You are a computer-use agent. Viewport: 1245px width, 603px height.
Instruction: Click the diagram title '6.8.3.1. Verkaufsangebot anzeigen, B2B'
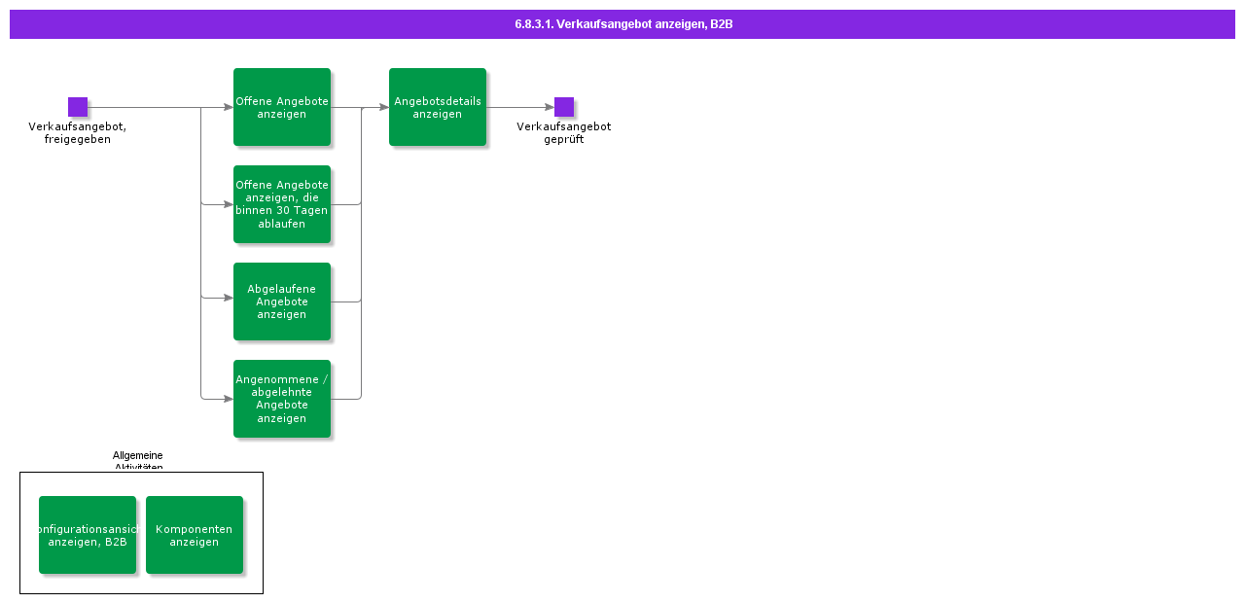623,24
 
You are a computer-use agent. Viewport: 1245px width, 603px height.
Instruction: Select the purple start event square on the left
78,107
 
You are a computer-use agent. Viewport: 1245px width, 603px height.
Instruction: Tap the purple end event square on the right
564,107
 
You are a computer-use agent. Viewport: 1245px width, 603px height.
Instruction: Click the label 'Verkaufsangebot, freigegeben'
77,133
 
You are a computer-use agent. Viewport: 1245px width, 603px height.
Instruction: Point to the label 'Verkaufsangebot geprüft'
563,133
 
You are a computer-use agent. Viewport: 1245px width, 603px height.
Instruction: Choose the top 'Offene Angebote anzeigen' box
282,107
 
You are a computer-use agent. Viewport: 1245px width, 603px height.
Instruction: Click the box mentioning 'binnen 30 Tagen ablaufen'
282,204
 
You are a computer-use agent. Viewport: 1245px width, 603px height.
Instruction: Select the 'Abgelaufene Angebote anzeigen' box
282,301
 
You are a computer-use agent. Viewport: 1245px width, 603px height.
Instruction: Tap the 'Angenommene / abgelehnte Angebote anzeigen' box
282,399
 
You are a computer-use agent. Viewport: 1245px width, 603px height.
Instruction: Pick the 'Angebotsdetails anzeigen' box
438,107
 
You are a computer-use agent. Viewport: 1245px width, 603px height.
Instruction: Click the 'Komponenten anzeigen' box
195,535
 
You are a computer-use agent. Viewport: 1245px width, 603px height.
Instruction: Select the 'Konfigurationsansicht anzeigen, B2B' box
88,535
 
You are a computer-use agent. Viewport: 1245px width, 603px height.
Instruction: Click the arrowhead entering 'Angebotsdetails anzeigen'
383,107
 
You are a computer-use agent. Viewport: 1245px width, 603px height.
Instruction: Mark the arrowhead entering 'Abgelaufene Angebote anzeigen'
229,298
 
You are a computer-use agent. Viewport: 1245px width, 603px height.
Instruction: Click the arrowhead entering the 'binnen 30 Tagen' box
229,204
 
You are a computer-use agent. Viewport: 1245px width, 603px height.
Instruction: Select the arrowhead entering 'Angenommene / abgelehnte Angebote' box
229,399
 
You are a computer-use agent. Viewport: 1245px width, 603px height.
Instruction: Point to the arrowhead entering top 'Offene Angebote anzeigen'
229,107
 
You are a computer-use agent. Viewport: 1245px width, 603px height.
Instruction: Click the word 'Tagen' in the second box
309,211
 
